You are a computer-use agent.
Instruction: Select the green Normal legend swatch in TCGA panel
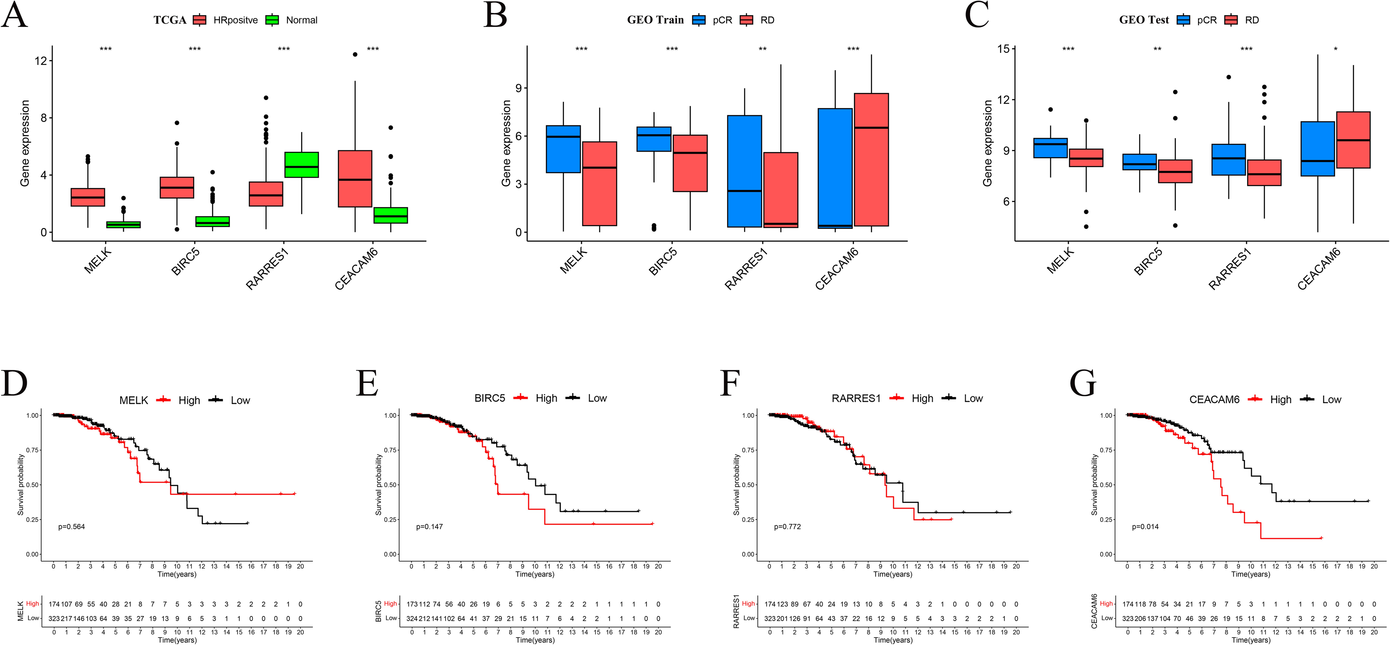[x=272, y=20]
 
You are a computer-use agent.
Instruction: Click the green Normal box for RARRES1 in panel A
[x=302, y=165]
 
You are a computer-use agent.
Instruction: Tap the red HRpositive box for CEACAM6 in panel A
[x=355, y=178]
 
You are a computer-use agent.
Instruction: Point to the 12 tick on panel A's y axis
[x=41, y=60]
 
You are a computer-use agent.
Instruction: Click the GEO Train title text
[x=655, y=20]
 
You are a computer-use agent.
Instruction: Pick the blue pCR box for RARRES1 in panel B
[x=745, y=171]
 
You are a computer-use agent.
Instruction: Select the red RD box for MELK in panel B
[x=600, y=183]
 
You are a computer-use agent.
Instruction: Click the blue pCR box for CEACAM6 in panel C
[x=1318, y=149]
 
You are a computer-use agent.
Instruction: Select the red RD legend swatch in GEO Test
[x=1231, y=20]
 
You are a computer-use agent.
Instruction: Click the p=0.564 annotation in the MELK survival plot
[x=72, y=526]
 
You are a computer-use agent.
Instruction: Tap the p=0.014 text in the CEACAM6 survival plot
[x=1145, y=526]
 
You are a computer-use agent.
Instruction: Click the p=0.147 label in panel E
[x=430, y=526]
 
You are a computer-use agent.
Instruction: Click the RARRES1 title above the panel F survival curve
[x=856, y=399]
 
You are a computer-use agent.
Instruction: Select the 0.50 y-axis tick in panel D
[x=32, y=485]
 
